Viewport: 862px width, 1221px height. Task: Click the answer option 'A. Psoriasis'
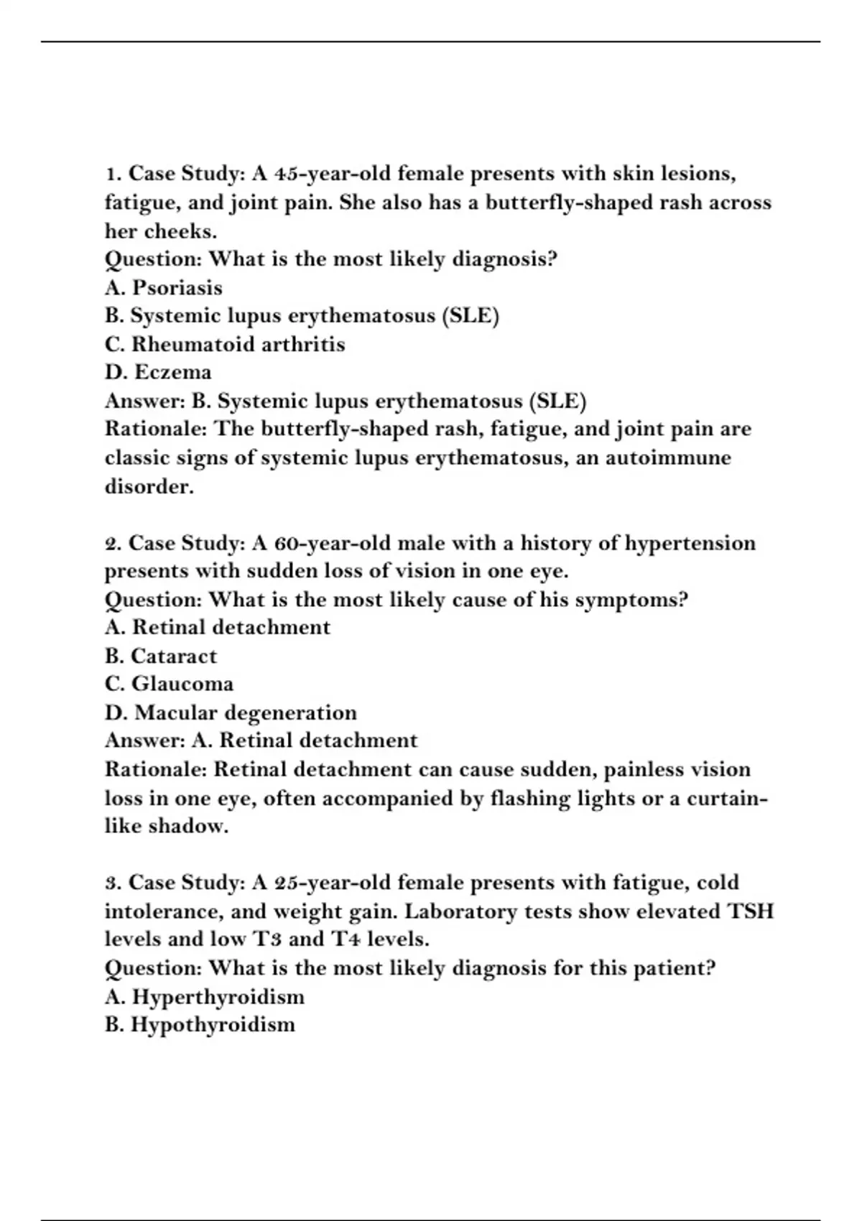(164, 288)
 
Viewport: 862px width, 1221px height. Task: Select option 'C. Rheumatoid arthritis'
(225, 345)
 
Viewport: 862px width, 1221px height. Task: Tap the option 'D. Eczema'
(158, 373)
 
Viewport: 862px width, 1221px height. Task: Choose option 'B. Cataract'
(160, 656)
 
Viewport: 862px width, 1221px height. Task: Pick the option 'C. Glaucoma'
(169, 684)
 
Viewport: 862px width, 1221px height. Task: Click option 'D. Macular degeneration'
(231, 713)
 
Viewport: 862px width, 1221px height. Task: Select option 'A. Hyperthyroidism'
(204, 997)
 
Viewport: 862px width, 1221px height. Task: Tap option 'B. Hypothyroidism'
(200, 1025)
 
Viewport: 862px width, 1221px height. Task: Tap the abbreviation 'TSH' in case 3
(751, 911)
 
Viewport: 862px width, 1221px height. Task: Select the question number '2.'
(113, 543)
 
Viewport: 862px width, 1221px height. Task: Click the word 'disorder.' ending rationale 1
(149, 487)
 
